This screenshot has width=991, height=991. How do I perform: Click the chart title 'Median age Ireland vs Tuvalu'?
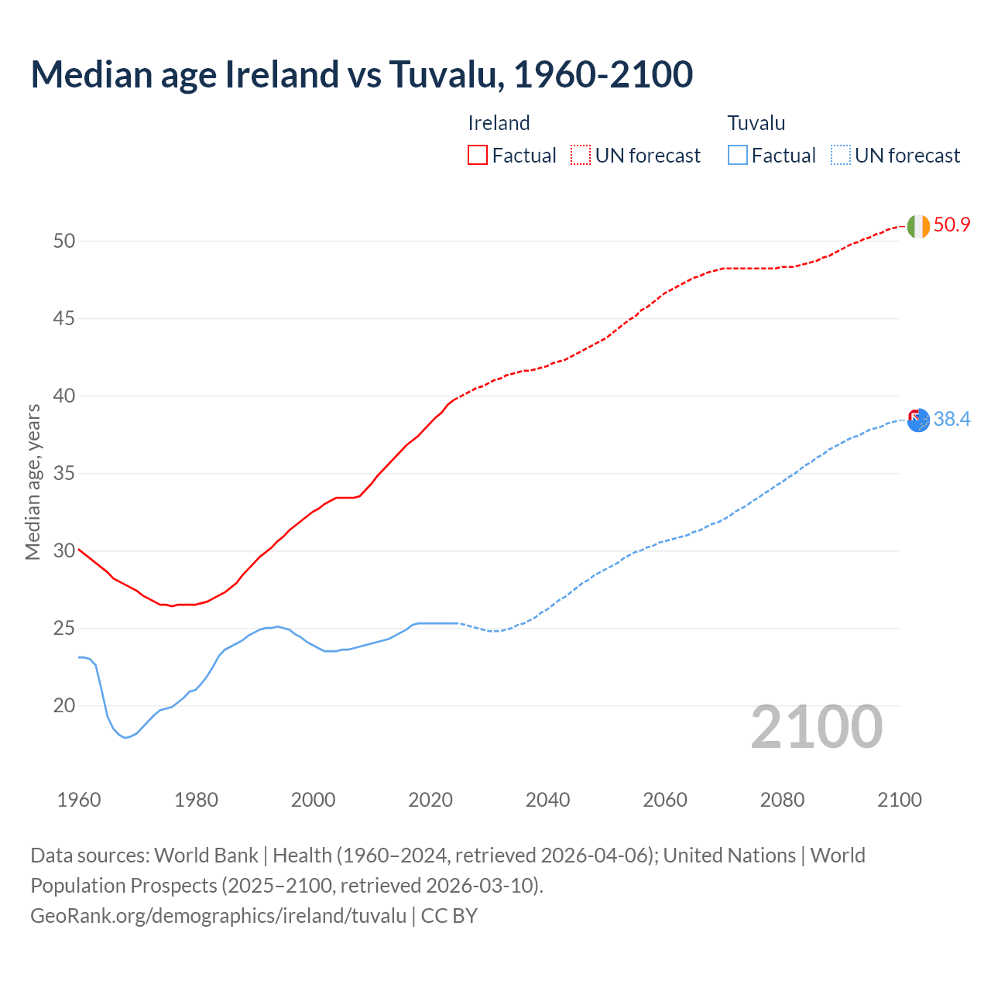[x=362, y=74]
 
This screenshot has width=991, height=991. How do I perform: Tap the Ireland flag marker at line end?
[x=918, y=226]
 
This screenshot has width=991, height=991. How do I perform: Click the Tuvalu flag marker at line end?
[x=918, y=420]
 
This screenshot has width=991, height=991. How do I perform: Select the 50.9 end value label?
[x=952, y=225]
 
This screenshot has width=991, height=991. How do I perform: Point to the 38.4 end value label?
[x=952, y=419]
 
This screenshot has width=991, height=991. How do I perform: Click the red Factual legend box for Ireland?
[x=478, y=156]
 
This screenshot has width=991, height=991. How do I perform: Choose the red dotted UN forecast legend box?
[x=581, y=156]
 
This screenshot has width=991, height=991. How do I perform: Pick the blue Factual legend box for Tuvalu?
[x=737, y=156]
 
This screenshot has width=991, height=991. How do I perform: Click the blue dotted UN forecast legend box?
[x=840, y=156]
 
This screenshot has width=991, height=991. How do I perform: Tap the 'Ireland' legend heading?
[x=499, y=123]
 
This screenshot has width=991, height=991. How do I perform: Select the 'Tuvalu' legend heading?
[x=756, y=123]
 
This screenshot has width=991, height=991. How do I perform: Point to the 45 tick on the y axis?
[x=64, y=318]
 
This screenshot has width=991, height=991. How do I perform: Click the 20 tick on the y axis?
[x=64, y=705]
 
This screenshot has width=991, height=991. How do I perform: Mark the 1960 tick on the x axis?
[x=79, y=800]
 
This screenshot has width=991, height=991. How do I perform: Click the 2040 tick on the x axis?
[x=547, y=800]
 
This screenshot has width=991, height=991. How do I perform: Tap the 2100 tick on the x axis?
[x=899, y=800]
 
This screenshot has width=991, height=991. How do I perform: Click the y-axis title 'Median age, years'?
[x=33, y=482]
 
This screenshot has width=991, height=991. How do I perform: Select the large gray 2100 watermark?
[x=816, y=726]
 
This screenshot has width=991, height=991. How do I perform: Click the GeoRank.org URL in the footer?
[x=218, y=916]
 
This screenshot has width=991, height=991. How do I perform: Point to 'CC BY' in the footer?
[x=449, y=916]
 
